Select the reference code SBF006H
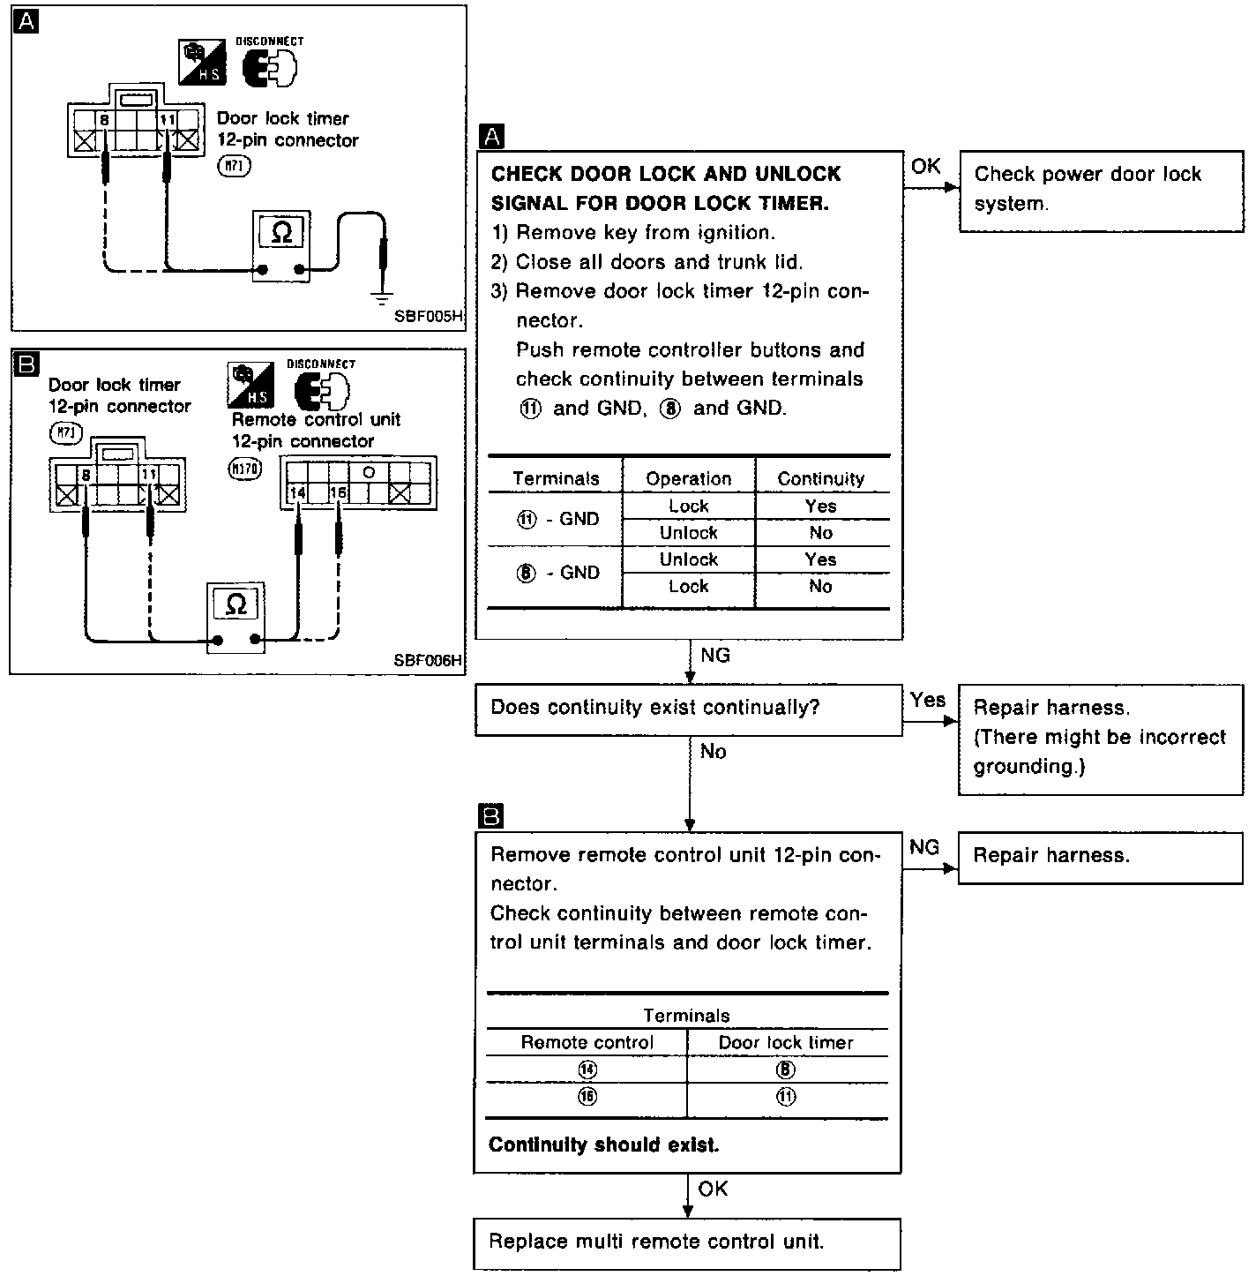[x=429, y=659]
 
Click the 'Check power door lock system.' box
[x=1101, y=190]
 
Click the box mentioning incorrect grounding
[x=1100, y=738]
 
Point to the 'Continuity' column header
[x=820, y=478]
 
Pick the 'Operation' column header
[x=688, y=478]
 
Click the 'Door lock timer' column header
[x=785, y=1042]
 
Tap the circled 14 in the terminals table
[x=587, y=1070]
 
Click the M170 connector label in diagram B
[x=244, y=469]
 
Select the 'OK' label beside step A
[x=925, y=166]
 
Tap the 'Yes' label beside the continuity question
[x=928, y=700]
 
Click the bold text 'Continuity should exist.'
[x=603, y=1145]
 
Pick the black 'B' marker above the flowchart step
[x=489, y=815]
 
